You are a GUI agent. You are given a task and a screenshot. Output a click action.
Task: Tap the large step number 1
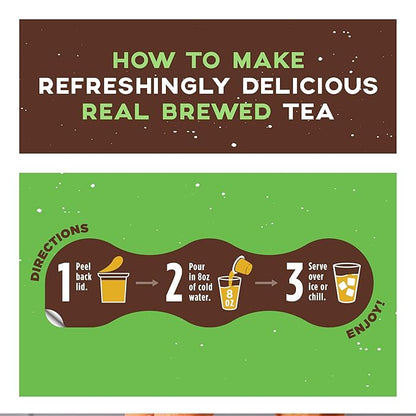click(x=64, y=281)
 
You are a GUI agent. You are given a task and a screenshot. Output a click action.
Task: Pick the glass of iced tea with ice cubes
click(x=346, y=282)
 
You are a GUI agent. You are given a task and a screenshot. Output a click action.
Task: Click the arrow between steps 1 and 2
click(x=148, y=283)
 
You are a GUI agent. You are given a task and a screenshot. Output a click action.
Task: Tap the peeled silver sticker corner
click(x=57, y=320)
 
